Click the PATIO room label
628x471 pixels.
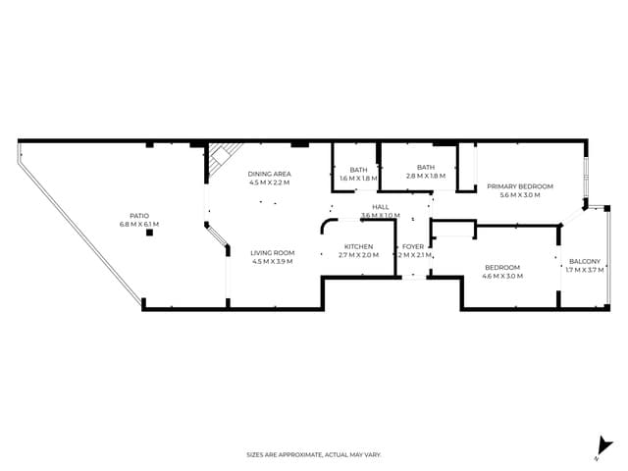(x=138, y=216)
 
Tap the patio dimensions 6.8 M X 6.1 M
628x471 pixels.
(x=138, y=225)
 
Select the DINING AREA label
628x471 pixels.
(x=269, y=174)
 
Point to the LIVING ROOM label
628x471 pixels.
(x=272, y=252)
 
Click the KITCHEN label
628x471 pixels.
(x=358, y=246)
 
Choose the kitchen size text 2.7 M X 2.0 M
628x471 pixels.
(x=358, y=255)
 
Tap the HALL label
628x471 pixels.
(x=380, y=207)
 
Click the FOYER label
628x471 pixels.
(x=413, y=246)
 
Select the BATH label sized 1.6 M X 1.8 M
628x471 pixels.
(x=358, y=169)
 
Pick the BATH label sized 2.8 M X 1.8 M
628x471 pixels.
(x=425, y=168)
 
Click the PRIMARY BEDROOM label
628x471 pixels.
(x=520, y=186)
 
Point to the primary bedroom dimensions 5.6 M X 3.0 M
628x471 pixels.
(x=520, y=195)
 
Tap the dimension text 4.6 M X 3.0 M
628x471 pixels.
(x=501, y=276)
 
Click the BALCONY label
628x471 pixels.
(x=585, y=261)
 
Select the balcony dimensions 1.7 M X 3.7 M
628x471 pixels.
(x=585, y=270)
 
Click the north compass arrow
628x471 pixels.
(x=605, y=446)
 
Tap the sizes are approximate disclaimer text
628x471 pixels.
(x=313, y=454)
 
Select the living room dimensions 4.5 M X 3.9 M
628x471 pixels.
(x=272, y=261)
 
